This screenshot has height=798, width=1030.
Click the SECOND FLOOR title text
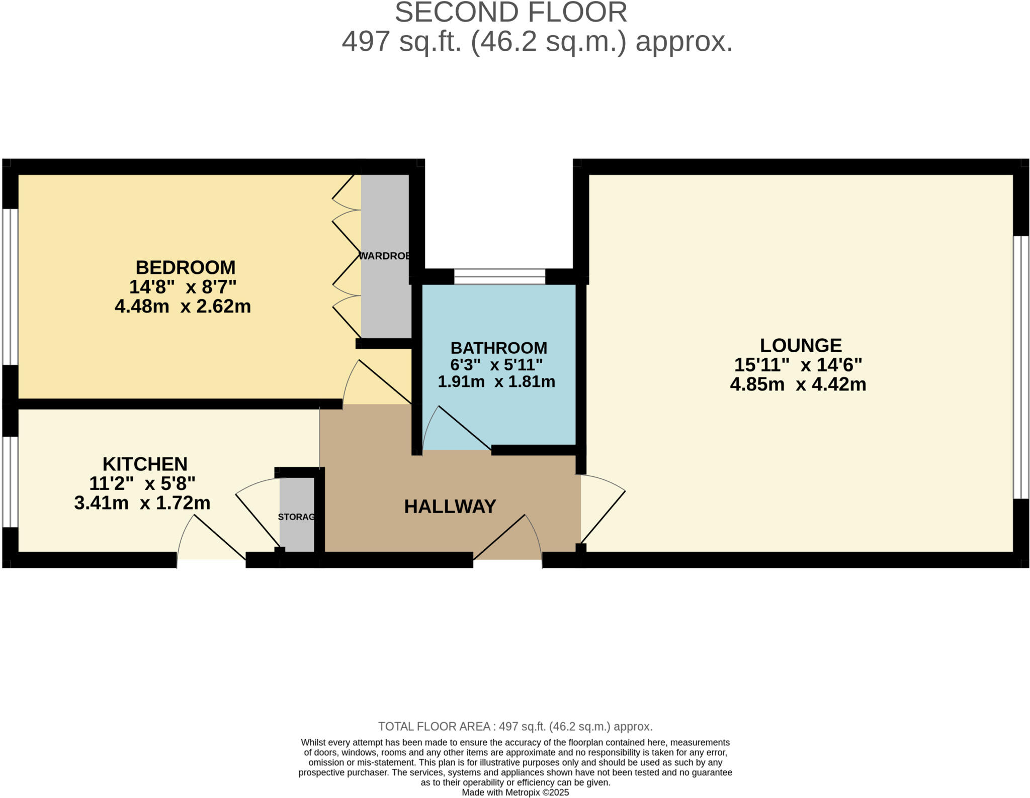point(510,13)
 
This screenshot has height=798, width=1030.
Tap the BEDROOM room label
point(185,267)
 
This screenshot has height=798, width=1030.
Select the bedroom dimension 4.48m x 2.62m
point(183,306)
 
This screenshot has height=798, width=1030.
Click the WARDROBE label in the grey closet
point(385,256)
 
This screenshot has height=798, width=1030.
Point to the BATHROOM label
point(498,348)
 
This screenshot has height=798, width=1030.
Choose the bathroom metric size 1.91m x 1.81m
point(496,382)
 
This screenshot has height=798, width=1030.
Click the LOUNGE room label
point(800,345)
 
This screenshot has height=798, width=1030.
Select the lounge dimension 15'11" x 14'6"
point(798,365)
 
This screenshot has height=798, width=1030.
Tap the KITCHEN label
point(145,463)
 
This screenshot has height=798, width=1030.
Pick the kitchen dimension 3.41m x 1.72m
point(142,503)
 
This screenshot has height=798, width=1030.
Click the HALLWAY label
point(450,506)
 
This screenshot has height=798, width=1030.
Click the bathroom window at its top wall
point(499,276)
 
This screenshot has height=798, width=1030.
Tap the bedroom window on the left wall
point(10,286)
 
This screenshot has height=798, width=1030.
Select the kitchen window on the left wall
point(10,481)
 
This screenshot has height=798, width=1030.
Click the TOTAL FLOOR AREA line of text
point(515,726)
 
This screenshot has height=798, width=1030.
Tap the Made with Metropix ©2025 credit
point(515,792)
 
